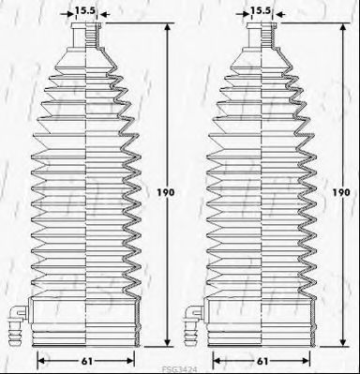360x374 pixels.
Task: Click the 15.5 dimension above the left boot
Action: pyautogui.click(x=85, y=10)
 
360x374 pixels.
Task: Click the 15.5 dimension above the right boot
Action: pyautogui.click(x=261, y=10)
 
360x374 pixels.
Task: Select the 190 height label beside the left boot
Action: pyautogui.click(x=165, y=192)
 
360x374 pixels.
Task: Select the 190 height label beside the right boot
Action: pyautogui.click(x=341, y=192)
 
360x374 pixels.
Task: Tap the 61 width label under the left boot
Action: pyautogui.click(x=86, y=361)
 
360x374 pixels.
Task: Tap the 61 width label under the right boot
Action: pyautogui.click(x=262, y=361)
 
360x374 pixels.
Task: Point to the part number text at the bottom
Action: pyautogui.click(x=179, y=369)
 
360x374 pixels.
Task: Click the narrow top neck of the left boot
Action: pyautogui.click(x=86, y=35)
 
